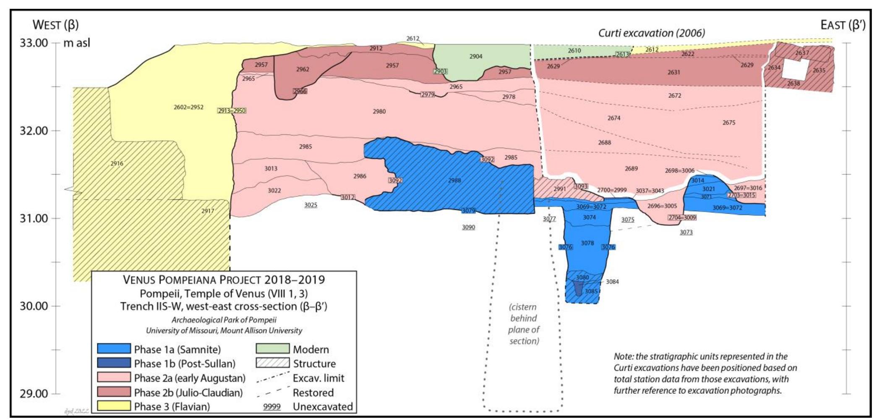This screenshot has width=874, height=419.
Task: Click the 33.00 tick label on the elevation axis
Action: tap(34, 43)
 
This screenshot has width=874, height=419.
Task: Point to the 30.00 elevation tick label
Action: tap(34, 306)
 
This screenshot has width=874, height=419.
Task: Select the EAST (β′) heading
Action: tap(843, 25)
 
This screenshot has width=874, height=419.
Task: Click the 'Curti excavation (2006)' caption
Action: tap(651, 33)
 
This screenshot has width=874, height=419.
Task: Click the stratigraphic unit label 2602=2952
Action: tap(188, 107)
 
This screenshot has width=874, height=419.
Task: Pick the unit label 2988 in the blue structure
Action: tap(454, 181)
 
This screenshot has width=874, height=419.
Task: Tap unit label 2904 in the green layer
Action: tap(475, 56)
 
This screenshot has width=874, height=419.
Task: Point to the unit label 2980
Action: tap(379, 111)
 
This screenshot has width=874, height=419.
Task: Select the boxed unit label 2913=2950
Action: tap(232, 111)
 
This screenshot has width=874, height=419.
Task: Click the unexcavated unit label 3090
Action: tap(468, 227)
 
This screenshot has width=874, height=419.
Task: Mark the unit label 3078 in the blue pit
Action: tap(587, 243)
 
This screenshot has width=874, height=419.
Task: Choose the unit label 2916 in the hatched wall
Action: tap(117, 163)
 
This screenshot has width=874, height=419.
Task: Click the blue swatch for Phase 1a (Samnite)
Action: tap(114, 349)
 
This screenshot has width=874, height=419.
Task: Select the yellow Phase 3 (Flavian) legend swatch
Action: tap(114, 406)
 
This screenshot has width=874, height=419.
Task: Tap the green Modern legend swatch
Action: tap(272, 349)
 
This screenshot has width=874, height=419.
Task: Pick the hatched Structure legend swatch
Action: tap(272, 363)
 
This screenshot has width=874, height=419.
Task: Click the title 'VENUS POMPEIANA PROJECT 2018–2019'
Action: tap(224, 280)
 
